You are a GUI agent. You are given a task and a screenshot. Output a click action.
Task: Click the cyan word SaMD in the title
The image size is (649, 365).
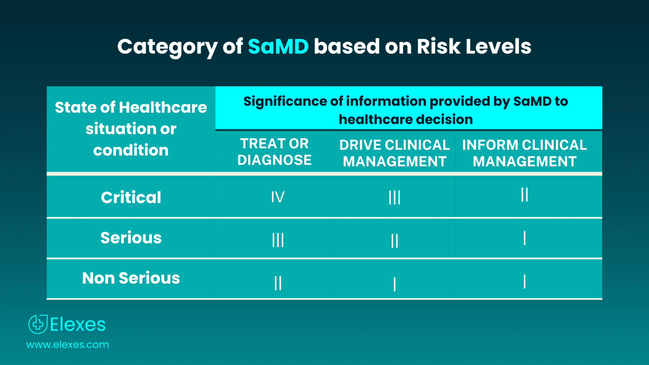pos(278,47)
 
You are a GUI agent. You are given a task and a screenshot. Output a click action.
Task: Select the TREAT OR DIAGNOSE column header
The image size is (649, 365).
pos(274,152)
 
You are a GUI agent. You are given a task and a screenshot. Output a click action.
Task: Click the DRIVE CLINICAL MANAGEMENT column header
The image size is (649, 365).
pos(395,153)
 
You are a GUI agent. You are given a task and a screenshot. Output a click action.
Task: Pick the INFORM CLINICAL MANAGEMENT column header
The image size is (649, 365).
pos(524,153)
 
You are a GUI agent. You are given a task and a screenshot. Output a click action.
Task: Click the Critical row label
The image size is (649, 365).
pos(131,197)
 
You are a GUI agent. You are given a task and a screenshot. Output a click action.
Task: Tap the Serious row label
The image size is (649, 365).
pos(131,238)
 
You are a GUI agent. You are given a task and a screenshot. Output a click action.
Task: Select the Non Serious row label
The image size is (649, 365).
pos(131,278)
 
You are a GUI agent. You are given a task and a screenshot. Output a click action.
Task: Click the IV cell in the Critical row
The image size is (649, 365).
pos(278,197)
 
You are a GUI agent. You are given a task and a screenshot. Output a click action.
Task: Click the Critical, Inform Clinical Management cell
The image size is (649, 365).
pos(524,195)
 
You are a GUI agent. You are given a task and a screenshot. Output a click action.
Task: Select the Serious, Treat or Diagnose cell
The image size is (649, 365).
pos(278,240)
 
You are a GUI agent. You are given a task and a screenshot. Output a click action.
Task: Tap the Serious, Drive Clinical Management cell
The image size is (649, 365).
pos(395,240)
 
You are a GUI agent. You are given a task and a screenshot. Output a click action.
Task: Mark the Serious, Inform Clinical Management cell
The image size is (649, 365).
pos(524,238)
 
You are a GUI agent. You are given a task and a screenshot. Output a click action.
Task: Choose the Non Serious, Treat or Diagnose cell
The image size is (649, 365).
pos(278,283)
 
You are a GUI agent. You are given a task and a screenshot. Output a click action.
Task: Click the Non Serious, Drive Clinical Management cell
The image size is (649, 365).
pos(395,284)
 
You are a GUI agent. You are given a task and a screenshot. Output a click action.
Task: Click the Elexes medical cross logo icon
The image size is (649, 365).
pos(38,324)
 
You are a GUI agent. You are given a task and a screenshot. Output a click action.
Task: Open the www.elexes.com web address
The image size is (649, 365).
pos(67,344)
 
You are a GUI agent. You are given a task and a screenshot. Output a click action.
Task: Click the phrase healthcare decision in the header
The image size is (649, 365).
pos(406,119)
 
